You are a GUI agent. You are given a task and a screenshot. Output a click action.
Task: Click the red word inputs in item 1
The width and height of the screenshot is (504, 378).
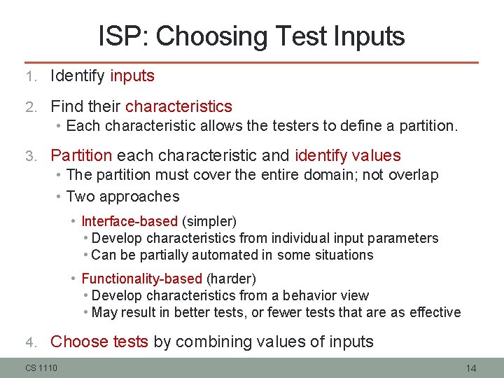132,76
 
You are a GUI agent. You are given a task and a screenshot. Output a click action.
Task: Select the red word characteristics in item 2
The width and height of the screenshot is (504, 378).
178,106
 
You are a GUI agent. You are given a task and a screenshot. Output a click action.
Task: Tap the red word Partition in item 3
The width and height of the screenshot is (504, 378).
81,155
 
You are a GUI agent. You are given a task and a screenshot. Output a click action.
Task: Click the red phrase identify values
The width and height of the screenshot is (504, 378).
348,155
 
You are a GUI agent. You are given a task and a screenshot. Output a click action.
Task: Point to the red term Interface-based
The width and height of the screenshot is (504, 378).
129,221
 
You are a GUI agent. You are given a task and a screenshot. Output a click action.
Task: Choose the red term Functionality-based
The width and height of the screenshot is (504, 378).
142,279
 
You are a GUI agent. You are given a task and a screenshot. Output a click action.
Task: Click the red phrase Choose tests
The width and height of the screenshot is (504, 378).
99,342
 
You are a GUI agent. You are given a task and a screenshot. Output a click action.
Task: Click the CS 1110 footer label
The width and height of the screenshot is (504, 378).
41,367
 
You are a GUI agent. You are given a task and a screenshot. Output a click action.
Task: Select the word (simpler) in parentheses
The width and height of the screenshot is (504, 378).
209,221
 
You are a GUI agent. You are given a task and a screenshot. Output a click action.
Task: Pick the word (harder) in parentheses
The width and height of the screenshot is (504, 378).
231,279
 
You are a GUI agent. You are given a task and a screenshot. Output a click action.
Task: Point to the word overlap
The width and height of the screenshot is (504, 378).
414,175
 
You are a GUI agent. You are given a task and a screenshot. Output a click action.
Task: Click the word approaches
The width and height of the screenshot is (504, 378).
146,197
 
